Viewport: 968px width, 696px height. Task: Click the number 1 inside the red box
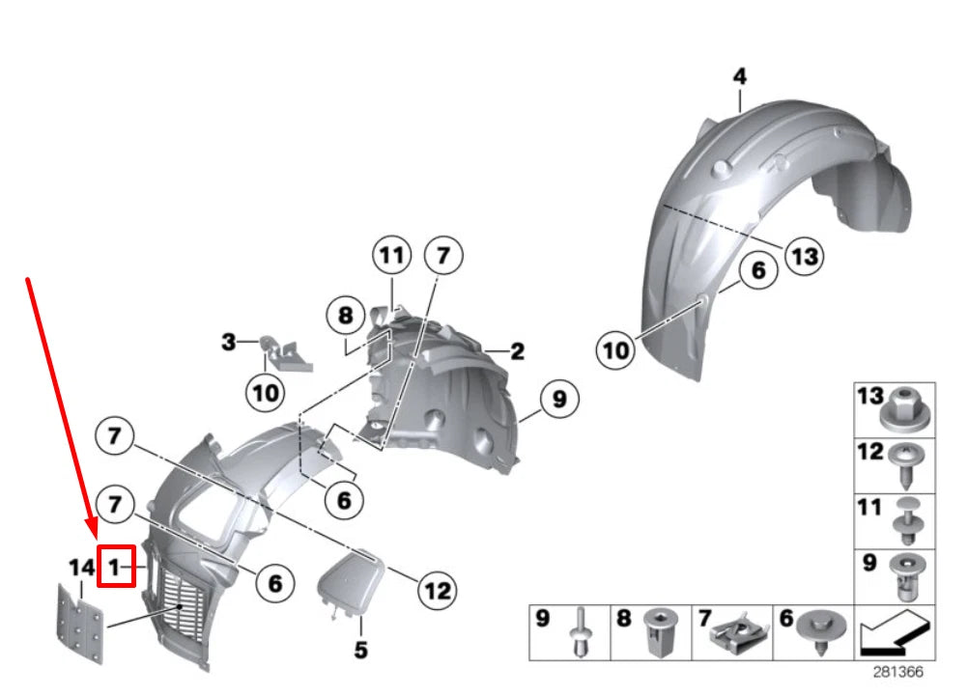[x=114, y=569]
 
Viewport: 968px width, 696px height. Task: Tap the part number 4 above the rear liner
[x=739, y=76]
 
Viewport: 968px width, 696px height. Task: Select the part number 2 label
[x=518, y=352]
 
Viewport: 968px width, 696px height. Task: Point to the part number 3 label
[x=228, y=342]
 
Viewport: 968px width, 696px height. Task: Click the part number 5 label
[x=360, y=651]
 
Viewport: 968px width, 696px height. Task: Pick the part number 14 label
[x=80, y=569]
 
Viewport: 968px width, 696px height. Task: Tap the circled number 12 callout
[x=438, y=589]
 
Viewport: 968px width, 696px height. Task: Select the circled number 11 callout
[x=391, y=257]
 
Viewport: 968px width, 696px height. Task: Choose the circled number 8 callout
[x=340, y=315]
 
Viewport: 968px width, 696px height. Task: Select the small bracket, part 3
[x=286, y=353]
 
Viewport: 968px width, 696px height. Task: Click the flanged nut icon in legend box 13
[x=907, y=408]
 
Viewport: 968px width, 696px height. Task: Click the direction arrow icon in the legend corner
[x=895, y=634]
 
